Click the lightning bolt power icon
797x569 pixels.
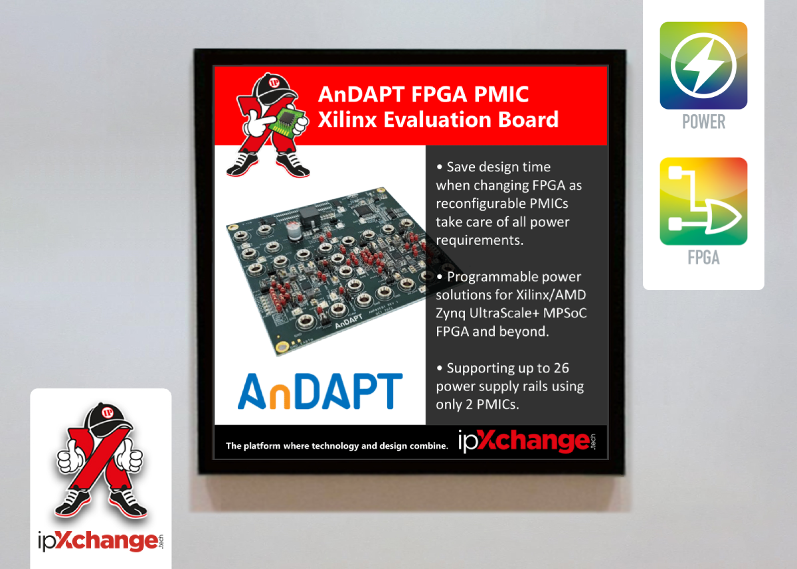703,66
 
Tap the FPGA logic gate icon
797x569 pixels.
703,201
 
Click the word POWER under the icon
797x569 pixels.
703,122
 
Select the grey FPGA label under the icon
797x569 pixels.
703,257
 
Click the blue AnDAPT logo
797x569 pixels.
320,391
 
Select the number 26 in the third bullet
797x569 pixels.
561,368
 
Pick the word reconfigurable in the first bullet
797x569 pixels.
480,204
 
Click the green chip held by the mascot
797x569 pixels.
287,122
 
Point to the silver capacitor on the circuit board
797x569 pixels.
295,231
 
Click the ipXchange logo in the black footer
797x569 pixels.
527,442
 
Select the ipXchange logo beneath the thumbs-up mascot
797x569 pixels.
101,542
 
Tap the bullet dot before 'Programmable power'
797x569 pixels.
440,277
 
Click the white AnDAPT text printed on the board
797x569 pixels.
348,321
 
